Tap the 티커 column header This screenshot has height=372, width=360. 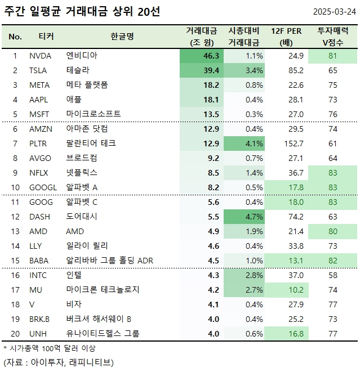pyautogui.click(x=46, y=37)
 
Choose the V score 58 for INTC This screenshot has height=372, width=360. pyautogui.click(x=333, y=275)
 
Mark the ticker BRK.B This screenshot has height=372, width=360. pyautogui.click(x=39, y=319)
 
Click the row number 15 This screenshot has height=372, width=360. pyautogui.click(x=15, y=261)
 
